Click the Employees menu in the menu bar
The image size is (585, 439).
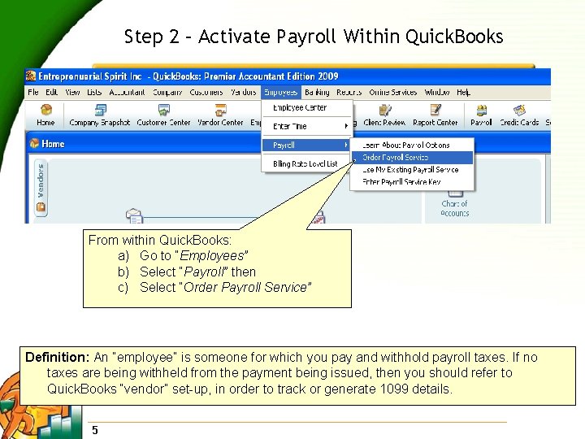pyautogui.click(x=280, y=93)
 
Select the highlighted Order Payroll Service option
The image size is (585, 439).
pyautogui.click(x=395, y=158)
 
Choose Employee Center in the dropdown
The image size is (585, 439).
pyautogui.click(x=300, y=108)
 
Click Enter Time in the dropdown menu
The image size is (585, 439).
pyautogui.click(x=290, y=127)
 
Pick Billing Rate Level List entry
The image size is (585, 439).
pyautogui.click(x=305, y=163)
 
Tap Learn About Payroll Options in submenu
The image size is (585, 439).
pyautogui.click(x=405, y=146)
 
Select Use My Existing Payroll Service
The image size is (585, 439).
pyautogui.click(x=410, y=170)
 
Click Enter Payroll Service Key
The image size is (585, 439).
pyautogui.click(x=401, y=182)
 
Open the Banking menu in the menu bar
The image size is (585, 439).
pyautogui.click(x=317, y=93)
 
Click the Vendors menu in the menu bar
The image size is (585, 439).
pyautogui.click(x=244, y=93)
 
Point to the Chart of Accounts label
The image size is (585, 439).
pyautogui.click(x=454, y=208)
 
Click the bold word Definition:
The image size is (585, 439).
pyautogui.click(x=58, y=358)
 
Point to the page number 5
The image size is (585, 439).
pyautogui.click(x=95, y=430)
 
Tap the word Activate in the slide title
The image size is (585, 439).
pyautogui.click(x=236, y=37)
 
